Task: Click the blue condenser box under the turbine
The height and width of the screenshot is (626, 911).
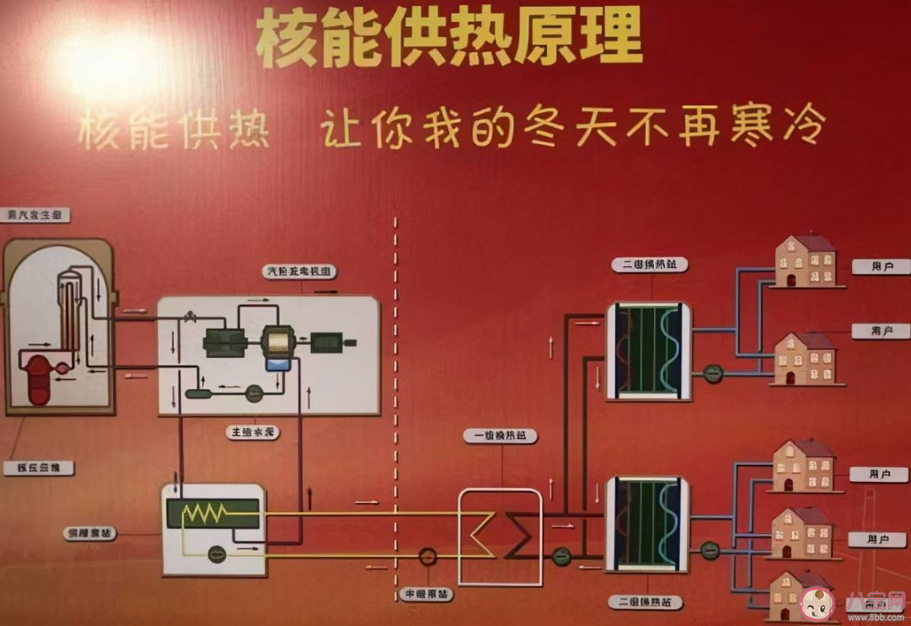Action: [x=276, y=363]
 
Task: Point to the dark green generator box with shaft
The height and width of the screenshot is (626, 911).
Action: [x=326, y=342]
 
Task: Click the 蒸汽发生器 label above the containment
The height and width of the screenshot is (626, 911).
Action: [x=35, y=215]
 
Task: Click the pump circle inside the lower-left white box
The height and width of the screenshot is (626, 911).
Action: [x=216, y=553]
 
